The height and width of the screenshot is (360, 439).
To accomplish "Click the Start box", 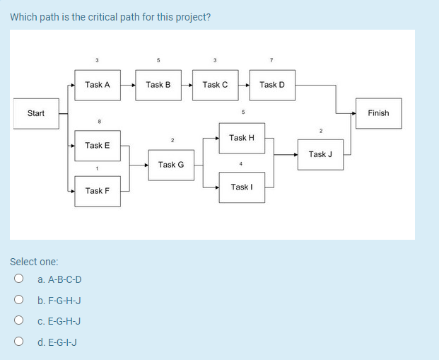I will click(36, 113).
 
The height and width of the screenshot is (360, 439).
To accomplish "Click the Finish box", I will click(378, 113).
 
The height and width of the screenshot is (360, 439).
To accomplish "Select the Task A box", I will click(98, 85).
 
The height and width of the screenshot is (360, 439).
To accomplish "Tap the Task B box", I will click(158, 85).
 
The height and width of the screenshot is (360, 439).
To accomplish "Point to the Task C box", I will click(215, 85).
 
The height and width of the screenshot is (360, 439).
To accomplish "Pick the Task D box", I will click(272, 85).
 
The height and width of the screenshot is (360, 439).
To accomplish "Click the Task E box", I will click(98, 146).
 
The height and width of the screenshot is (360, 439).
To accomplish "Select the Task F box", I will click(98, 191).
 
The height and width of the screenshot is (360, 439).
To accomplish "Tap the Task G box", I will click(171, 165).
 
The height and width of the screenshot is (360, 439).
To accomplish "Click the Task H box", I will click(242, 138).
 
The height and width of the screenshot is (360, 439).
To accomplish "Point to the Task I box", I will click(242, 187).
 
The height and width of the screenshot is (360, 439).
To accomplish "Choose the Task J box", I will click(320, 154).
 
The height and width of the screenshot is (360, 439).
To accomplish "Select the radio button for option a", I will click(20, 279).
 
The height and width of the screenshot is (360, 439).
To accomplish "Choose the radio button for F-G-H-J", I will click(20, 301).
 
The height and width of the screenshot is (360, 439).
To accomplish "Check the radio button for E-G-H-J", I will click(20, 321).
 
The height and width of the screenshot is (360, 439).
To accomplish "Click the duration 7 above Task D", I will click(271, 59).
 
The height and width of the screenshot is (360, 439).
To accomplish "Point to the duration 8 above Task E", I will click(99, 122).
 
